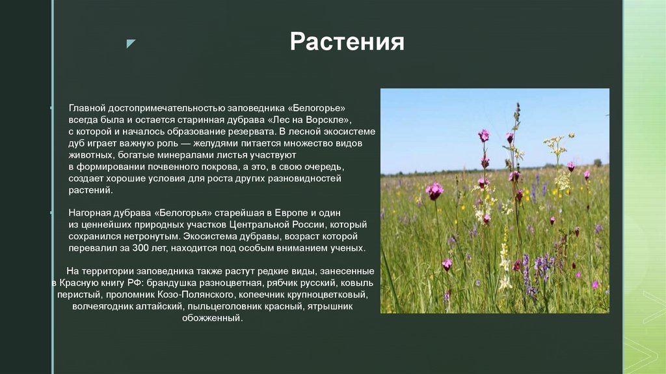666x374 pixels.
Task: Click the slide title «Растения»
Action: coord(347,42)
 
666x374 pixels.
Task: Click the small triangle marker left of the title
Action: coord(131,44)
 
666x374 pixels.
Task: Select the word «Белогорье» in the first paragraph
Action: coord(315,107)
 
